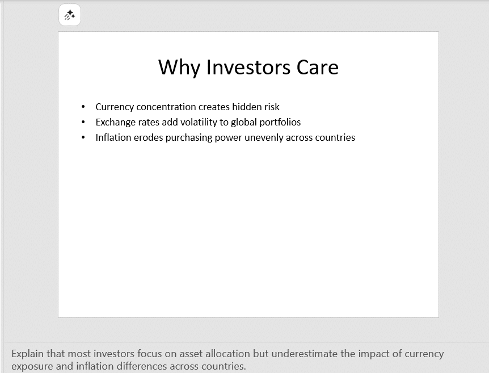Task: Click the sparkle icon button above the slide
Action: (70, 15)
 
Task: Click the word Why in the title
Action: (179, 68)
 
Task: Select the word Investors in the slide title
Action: (248, 67)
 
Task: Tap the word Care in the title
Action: (318, 67)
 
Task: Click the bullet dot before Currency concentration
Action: (83, 107)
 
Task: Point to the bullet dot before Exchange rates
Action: (83, 123)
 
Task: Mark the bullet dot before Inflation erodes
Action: (83, 137)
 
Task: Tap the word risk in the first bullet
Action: (272, 107)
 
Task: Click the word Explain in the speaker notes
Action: (27, 354)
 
